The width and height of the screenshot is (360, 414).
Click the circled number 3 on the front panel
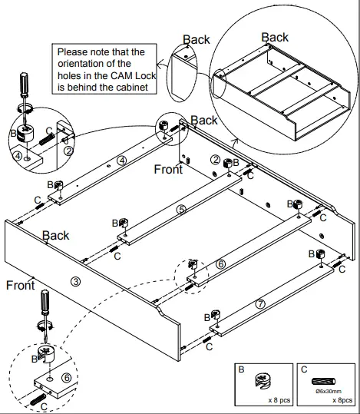(x=75, y=281)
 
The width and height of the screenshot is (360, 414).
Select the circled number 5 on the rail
(x=181, y=208)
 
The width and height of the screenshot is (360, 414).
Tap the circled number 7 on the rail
(x=260, y=304)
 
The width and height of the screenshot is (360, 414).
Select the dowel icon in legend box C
(x=322, y=381)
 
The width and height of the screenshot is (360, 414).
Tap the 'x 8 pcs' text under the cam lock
(x=278, y=400)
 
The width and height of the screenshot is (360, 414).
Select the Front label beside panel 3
(x=20, y=286)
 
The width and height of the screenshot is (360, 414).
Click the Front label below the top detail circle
(x=168, y=169)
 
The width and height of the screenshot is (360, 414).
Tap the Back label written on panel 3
(x=55, y=235)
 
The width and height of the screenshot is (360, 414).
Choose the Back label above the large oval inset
(x=275, y=37)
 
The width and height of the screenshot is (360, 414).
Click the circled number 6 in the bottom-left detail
(x=67, y=377)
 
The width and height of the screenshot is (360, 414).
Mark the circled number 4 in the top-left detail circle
(x=16, y=157)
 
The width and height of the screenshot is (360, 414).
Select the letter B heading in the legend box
(x=241, y=369)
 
